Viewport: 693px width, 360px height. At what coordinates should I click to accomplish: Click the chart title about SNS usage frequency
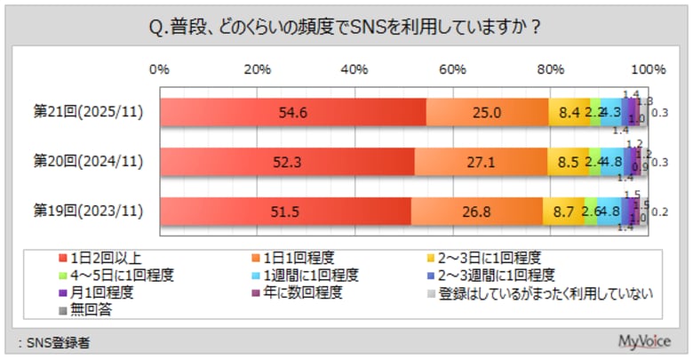pyautogui.click(x=346, y=27)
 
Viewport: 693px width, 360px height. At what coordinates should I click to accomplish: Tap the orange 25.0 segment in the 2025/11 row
pyautogui.click(x=487, y=113)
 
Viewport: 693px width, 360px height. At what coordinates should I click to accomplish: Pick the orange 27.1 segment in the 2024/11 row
pyautogui.click(x=481, y=163)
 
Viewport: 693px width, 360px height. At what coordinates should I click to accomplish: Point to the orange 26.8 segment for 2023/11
pyautogui.click(x=477, y=212)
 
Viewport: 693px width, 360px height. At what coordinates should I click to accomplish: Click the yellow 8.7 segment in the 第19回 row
pyautogui.click(x=563, y=212)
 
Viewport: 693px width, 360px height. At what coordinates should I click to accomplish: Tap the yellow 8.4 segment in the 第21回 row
pyautogui.click(x=569, y=113)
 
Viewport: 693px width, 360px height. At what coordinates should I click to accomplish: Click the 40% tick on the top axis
pyautogui.click(x=354, y=69)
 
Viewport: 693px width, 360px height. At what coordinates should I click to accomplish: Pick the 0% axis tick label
pyautogui.click(x=160, y=69)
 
